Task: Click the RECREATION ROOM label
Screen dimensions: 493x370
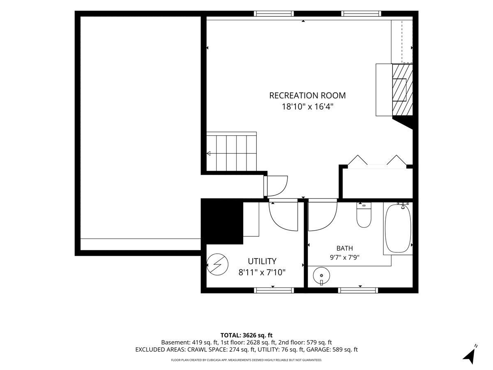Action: point(307,95)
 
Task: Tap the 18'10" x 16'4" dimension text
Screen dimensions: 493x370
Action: point(307,106)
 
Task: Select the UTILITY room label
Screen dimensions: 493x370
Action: point(262,261)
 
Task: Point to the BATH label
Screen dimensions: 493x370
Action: point(345,248)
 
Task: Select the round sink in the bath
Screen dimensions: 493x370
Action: point(321,275)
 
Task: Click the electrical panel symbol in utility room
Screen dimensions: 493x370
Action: point(217,264)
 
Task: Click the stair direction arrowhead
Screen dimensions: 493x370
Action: point(208,153)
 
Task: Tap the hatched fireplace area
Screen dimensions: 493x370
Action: point(403,90)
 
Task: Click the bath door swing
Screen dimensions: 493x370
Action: point(323,216)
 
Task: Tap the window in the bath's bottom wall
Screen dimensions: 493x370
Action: point(358,291)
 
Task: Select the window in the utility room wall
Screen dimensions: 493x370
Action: point(274,291)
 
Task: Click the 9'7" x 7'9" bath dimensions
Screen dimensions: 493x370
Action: point(345,257)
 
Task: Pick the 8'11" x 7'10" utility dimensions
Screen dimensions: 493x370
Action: point(262,272)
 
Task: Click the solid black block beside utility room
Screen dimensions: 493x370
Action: point(222,222)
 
